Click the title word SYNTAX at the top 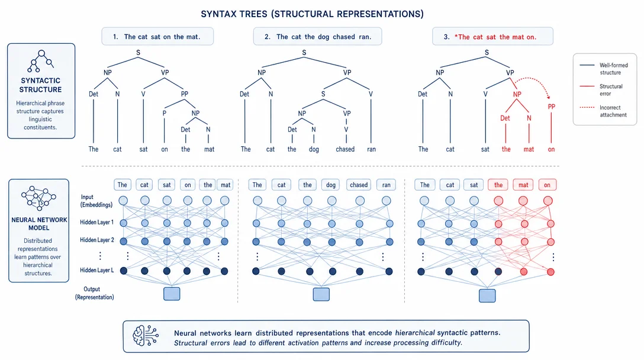219,14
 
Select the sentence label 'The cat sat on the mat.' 162,37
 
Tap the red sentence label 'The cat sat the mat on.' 497,37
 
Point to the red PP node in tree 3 551,107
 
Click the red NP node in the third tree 517,94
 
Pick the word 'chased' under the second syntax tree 345,149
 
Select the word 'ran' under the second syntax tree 371,149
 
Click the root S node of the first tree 138,53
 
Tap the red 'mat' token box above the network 523,185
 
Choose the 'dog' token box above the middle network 331,185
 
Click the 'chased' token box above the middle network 359,185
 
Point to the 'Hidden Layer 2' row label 97,240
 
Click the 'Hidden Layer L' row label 97,270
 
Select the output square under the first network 172,294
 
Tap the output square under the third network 487,295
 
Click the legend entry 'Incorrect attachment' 613,111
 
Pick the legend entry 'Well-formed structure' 613,69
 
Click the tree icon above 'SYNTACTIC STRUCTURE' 41,61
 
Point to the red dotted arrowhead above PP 548,97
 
